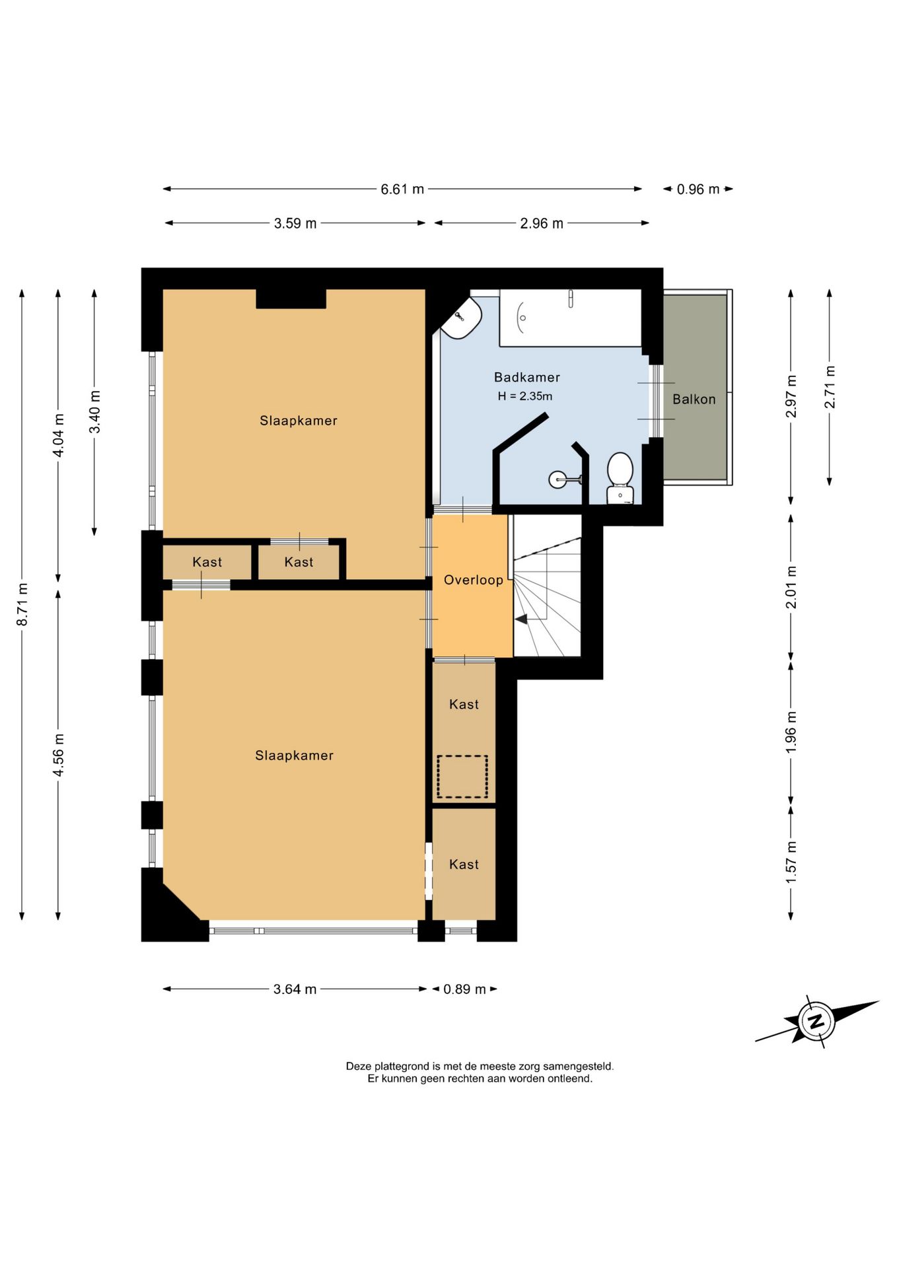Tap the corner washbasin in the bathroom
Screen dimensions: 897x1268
(x=462, y=318)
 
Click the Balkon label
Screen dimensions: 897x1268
(x=694, y=399)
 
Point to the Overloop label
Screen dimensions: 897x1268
(x=474, y=580)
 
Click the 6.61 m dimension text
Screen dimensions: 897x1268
(x=402, y=189)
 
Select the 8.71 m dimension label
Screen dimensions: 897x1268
(x=22, y=604)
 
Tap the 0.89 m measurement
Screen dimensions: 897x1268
(x=464, y=989)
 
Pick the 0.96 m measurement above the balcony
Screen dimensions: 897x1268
(x=698, y=190)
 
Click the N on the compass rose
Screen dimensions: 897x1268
(x=816, y=1021)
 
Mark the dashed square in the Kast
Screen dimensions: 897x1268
(x=462, y=776)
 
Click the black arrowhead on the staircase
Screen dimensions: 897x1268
(x=521, y=619)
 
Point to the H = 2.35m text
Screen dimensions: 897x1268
(x=525, y=396)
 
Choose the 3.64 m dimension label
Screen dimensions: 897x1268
(x=295, y=989)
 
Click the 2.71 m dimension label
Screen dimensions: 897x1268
(x=830, y=386)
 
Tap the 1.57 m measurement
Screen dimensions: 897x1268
(x=791, y=862)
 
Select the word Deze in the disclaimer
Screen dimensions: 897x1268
(x=359, y=1066)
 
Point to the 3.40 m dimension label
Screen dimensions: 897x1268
(x=95, y=411)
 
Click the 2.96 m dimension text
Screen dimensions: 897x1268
(x=542, y=223)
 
